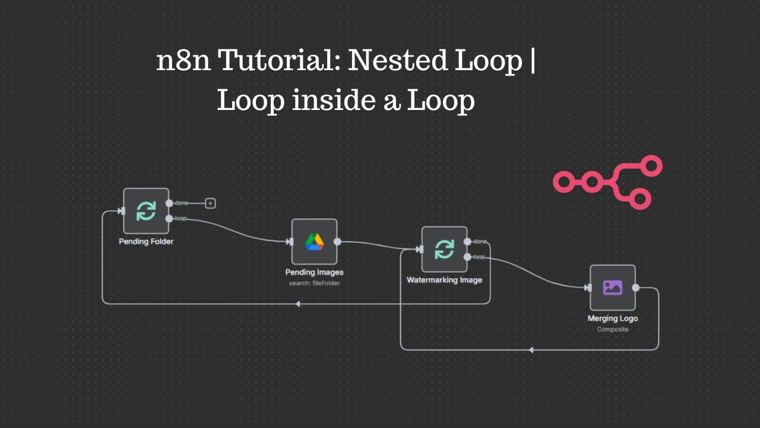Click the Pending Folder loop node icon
point(146,211)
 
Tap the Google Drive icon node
point(314,241)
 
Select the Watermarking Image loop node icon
point(444,249)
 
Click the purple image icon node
point(612,288)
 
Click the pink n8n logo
point(607,182)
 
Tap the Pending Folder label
point(146,242)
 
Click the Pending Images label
point(314,272)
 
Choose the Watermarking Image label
point(444,280)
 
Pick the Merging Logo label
point(612,319)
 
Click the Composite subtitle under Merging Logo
point(612,329)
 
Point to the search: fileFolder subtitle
point(314,283)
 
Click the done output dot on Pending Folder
point(169,203)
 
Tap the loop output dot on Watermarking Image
point(468,257)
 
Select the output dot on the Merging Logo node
point(636,288)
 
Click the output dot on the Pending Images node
point(337,241)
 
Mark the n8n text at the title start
point(183,61)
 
